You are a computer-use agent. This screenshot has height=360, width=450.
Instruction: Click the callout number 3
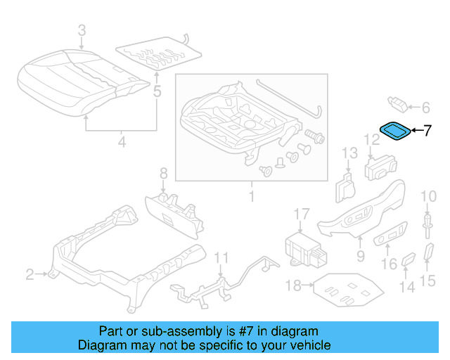click(82, 30)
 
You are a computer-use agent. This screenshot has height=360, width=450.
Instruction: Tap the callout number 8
click(163, 172)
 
